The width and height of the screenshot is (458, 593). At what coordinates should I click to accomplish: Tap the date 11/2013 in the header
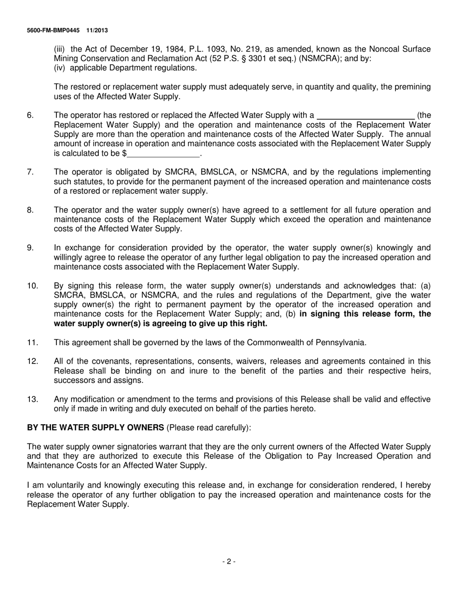click(97, 30)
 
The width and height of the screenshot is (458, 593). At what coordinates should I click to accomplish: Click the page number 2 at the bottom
click(229, 561)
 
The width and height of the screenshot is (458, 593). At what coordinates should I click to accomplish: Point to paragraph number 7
click(30, 172)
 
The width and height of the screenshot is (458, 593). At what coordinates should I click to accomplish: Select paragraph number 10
click(32, 286)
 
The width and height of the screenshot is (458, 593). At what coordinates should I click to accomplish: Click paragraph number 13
click(32, 399)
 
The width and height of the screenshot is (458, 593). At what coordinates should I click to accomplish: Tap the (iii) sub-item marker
click(60, 49)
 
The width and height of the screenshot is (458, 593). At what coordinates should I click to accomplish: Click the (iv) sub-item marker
click(60, 68)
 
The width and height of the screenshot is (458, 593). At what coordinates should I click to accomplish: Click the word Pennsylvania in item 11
click(341, 343)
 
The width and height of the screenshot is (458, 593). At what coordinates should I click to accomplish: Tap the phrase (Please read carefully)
click(208, 428)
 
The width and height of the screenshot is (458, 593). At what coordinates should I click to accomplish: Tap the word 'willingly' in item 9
click(70, 257)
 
